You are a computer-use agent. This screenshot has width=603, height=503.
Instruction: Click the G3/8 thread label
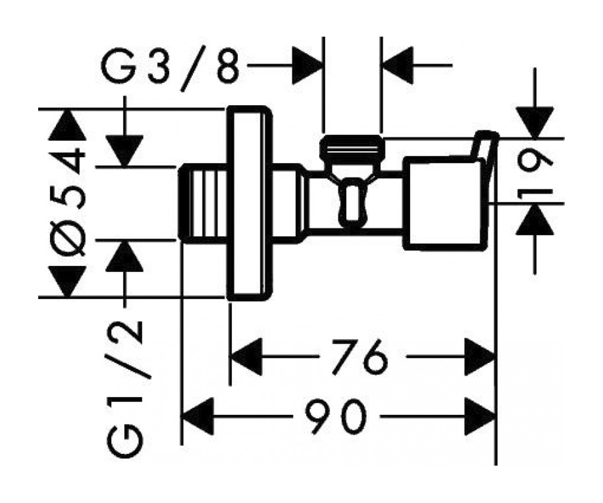(170, 68)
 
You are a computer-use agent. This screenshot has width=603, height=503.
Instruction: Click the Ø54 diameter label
(68, 202)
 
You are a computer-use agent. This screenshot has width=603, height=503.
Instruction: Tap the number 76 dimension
(360, 357)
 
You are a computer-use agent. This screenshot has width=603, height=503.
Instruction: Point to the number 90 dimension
(336, 416)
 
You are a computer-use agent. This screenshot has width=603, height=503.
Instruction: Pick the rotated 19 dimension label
(535, 179)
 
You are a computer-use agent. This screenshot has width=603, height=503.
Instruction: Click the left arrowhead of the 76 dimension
(246, 357)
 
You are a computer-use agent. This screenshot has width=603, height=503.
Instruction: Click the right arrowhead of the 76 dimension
(480, 357)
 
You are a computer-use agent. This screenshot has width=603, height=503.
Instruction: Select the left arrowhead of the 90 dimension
(198, 416)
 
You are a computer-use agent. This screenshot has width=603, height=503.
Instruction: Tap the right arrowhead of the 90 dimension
(480, 416)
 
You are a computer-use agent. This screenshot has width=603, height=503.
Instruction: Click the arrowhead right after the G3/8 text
(307, 65)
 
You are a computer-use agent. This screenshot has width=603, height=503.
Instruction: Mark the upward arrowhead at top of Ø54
(67, 125)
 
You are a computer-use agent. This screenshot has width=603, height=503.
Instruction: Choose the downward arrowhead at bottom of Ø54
(67, 281)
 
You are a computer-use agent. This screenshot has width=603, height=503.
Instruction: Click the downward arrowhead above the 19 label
(535, 123)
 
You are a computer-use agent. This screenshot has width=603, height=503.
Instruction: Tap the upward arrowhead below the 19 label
(535, 220)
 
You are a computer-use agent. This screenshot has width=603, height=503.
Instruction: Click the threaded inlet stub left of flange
(202, 203)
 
